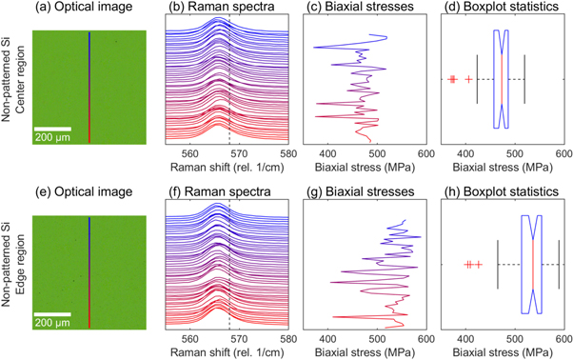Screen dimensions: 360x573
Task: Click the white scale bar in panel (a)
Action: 53,127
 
